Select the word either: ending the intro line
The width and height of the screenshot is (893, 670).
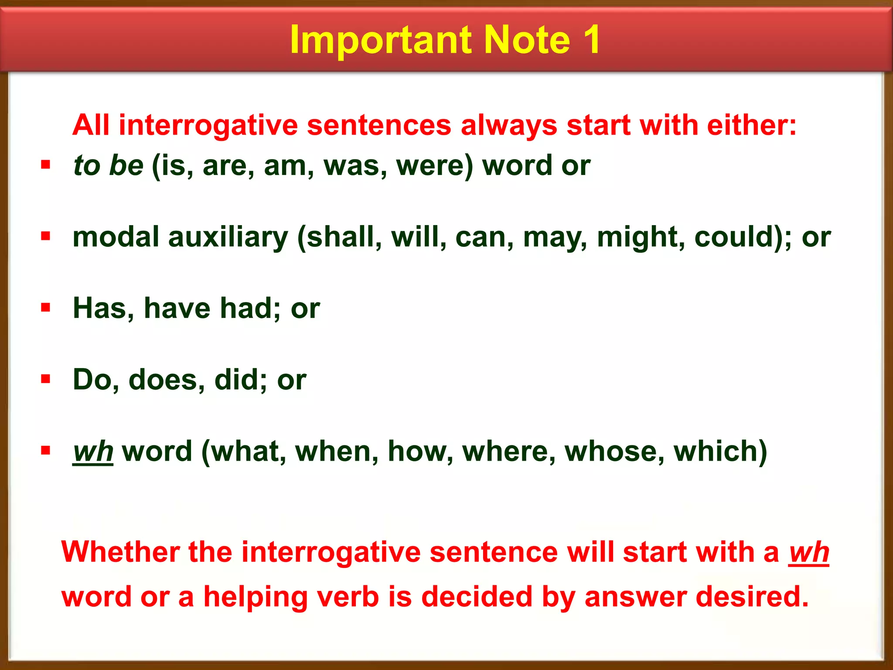point(751,125)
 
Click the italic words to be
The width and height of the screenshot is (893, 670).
point(108,165)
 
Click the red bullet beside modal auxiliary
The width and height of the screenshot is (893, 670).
point(45,236)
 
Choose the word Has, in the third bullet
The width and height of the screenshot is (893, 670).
point(103,308)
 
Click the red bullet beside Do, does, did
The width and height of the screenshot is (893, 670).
point(45,379)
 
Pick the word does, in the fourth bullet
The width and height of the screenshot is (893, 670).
point(167,379)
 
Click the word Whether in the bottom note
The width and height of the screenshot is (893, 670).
point(120,552)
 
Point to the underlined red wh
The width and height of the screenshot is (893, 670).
point(808,553)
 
